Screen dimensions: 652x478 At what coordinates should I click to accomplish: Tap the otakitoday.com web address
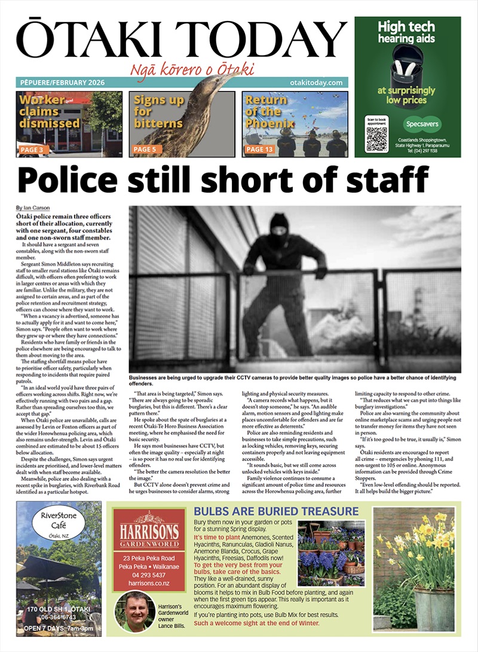pos(315,83)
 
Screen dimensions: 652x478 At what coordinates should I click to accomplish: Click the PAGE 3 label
pos(35,150)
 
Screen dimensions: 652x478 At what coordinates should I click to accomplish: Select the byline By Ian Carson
pos(33,208)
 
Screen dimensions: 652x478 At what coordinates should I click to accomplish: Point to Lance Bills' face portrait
pos(135,611)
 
